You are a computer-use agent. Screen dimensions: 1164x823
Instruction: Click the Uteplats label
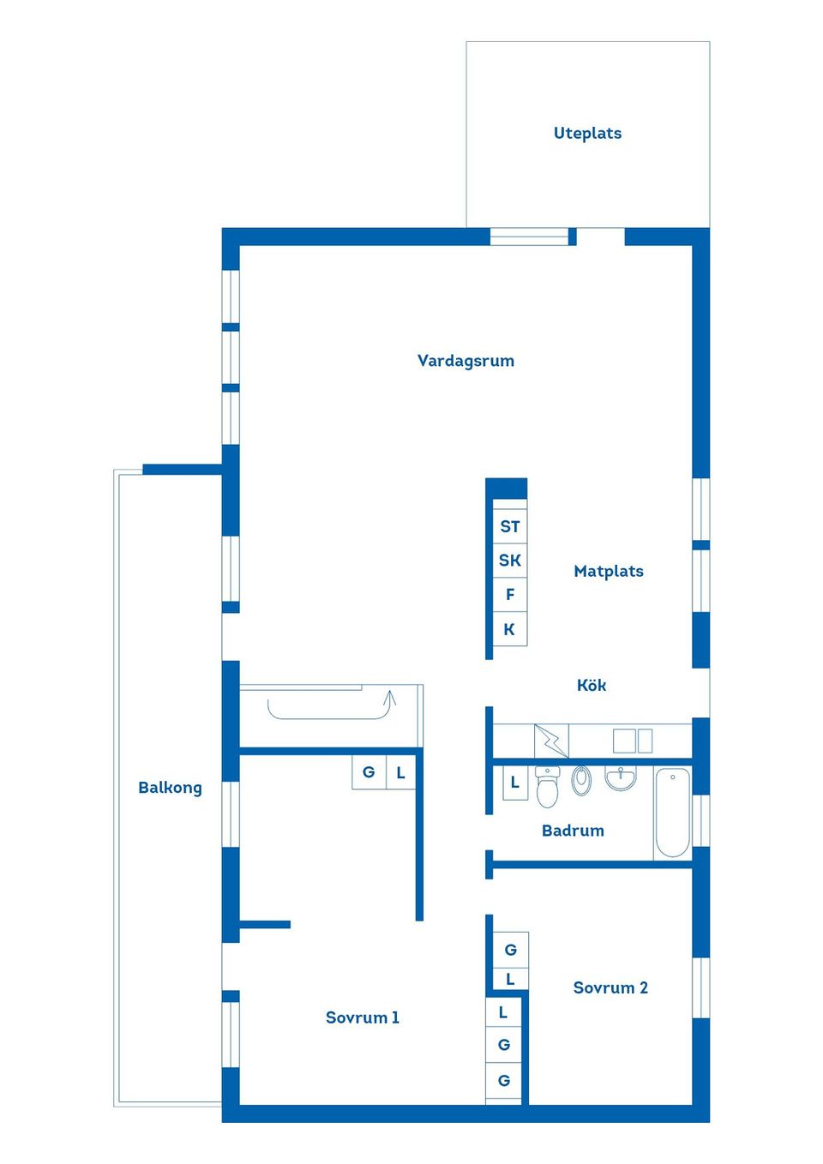click(587, 133)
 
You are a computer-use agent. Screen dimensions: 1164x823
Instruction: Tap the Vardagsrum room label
click(466, 361)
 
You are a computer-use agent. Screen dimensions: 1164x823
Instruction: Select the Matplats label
click(609, 571)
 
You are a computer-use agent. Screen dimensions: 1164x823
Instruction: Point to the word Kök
click(592, 685)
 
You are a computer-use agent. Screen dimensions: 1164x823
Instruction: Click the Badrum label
click(573, 831)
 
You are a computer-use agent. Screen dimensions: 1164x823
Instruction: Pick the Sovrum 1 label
click(362, 1017)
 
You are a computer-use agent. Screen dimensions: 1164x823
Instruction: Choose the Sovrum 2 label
click(610, 987)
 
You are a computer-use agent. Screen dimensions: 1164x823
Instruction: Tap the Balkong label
click(170, 788)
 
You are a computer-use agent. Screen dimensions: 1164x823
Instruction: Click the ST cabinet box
click(510, 527)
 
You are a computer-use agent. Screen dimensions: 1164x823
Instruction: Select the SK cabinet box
click(510, 561)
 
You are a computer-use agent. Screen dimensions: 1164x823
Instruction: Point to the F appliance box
click(510, 595)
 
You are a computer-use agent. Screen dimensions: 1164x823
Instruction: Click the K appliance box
click(510, 629)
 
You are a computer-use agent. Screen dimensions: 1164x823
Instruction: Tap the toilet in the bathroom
click(547, 787)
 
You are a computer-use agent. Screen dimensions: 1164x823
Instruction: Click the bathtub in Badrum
click(673, 812)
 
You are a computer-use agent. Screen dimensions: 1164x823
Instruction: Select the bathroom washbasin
click(621, 777)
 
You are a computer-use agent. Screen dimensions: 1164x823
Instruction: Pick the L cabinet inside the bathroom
click(514, 783)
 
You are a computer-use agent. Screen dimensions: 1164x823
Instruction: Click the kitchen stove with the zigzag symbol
click(551, 741)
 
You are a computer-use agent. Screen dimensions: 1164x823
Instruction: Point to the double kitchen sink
click(633, 741)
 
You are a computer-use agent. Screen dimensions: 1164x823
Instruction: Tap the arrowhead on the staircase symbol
click(391, 697)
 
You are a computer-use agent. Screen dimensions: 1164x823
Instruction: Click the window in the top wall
click(529, 237)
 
